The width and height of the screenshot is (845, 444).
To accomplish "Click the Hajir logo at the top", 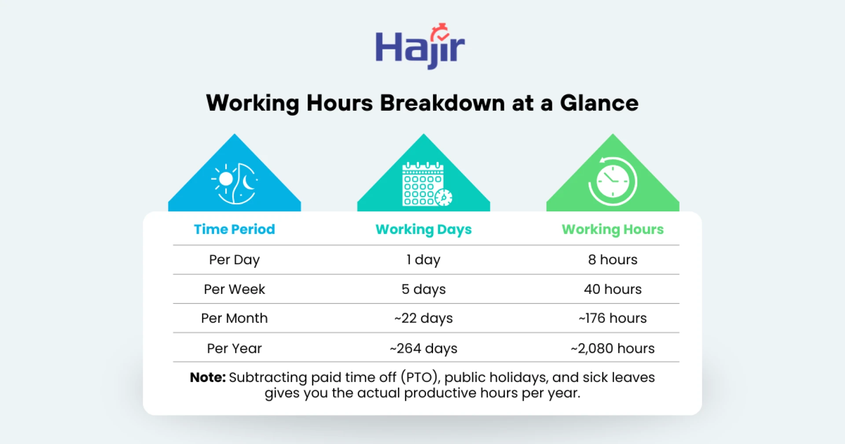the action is point(420,47).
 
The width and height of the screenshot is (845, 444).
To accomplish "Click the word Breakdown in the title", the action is point(442,103).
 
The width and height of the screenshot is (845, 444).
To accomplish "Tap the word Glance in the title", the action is point(599,103).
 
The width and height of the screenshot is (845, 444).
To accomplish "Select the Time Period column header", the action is point(235,229).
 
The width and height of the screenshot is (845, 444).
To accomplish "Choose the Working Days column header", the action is point(423,229).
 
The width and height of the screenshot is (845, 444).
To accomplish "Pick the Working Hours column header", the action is point(613,229).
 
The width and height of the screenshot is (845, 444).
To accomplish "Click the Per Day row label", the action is point(235,260).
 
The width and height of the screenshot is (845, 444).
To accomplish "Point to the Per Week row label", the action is point(235,289).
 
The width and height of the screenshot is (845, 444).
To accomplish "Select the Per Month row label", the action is point(235,318).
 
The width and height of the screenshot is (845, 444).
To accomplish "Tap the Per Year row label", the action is point(235,348).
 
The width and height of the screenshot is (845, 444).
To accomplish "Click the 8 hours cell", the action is point(613,259).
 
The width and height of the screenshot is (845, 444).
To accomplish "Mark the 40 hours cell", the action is point(613,289).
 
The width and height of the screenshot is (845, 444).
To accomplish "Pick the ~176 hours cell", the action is point(613,318).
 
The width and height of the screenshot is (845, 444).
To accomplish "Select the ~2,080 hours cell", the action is point(613,348).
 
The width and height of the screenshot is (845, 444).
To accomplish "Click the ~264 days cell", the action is point(423,348).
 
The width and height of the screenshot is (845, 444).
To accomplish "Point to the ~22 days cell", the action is point(423,318).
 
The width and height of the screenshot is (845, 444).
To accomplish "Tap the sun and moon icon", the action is point(235,183).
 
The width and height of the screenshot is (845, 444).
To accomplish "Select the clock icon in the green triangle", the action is point(613,181).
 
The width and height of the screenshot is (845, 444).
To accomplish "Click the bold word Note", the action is point(208,377).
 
